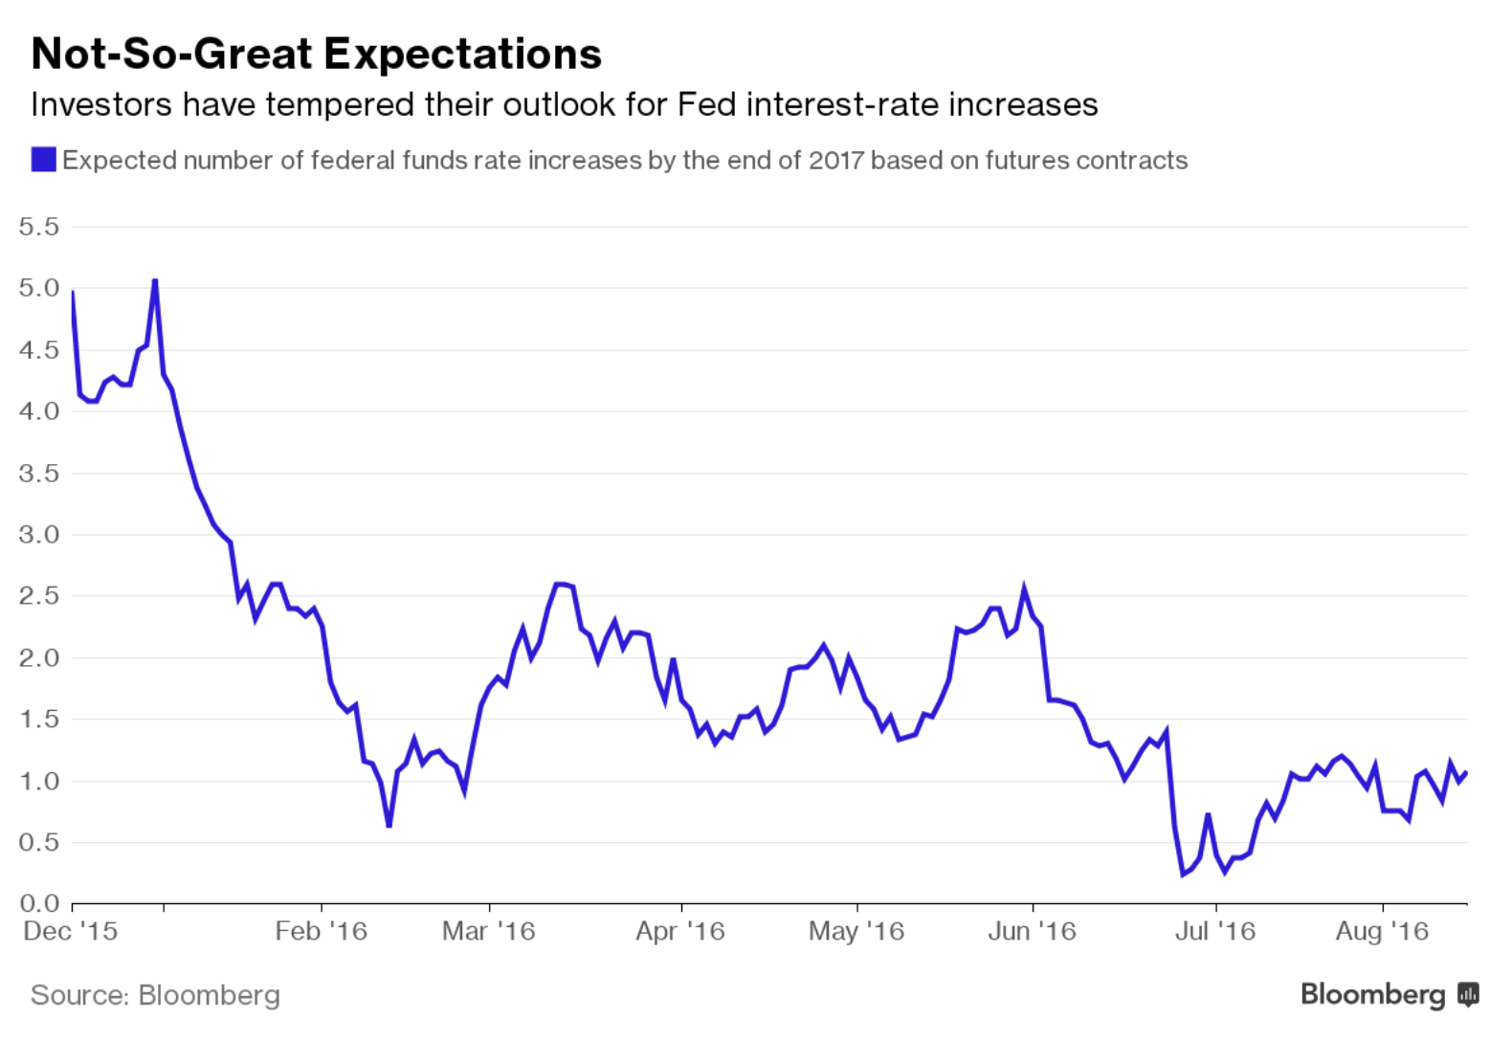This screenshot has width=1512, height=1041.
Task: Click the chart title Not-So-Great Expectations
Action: pyautogui.click(x=316, y=54)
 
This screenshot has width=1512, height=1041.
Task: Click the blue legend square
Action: pyautogui.click(x=43, y=160)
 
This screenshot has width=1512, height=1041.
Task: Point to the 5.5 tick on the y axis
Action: pyautogui.click(x=38, y=227)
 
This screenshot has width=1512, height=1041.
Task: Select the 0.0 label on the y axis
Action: pyautogui.click(x=38, y=903)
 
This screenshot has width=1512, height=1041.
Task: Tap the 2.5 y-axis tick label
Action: pyautogui.click(x=38, y=596)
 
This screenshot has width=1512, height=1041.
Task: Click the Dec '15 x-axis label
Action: pyautogui.click(x=70, y=931)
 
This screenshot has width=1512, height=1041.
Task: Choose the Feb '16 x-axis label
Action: pyautogui.click(x=321, y=931)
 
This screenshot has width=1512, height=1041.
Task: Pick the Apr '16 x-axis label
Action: pyautogui.click(x=680, y=931)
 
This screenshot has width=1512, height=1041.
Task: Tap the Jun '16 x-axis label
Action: pyautogui.click(x=1032, y=931)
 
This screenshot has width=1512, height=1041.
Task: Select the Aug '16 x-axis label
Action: pyautogui.click(x=1382, y=931)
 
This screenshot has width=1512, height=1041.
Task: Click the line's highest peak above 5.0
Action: pyautogui.click(x=155, y=280)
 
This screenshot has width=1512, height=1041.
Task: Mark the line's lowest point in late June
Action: pyautogui.click(x=1183, y=874)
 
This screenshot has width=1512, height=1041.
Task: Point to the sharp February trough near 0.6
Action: pyautogui.click(x=389, y=825)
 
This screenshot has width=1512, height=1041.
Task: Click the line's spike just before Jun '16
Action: pyautogui.click(x=1024, y=588)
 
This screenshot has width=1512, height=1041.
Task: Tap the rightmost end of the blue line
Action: pyautogui.click(x=1466, y=773)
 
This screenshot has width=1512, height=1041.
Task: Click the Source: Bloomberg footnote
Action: pyautogui.click(x=155, y=995)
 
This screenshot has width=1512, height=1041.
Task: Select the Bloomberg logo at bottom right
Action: pyautogui.click(x=1389, y=995)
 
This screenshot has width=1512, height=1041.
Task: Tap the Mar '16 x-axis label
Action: pyautogui.click(x=488, y=931)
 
